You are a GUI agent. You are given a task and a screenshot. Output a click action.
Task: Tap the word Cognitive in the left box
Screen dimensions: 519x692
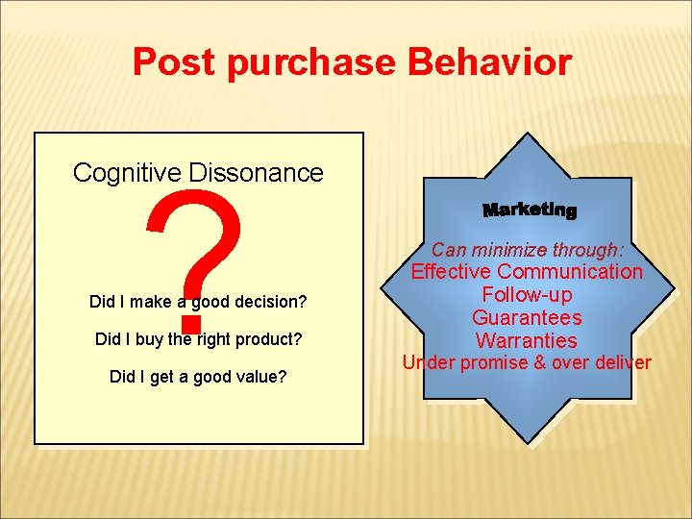[128, 173]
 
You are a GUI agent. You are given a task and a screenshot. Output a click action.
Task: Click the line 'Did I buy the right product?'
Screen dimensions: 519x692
[198, 339]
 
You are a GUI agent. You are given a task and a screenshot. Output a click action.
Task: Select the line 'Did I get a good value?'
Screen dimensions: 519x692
[198, 377]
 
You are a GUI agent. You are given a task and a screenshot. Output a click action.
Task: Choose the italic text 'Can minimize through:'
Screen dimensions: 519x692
[527, 250]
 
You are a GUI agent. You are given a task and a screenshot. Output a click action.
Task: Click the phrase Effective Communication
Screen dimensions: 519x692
[527, 272]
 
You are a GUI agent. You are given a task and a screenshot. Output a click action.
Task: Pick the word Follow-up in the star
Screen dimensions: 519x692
[527, 295]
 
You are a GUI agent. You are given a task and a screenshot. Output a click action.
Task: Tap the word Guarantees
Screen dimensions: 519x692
[527, 318]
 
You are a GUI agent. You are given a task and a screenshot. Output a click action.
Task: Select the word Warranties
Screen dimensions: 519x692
[527, 341]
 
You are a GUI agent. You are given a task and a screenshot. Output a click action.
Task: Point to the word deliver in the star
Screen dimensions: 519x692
[622, 363]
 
